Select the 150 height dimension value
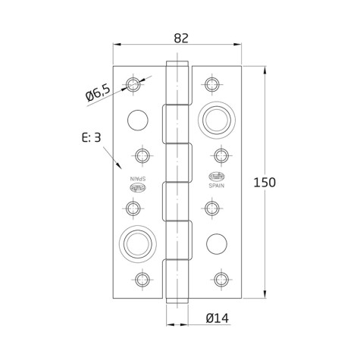[265, 183]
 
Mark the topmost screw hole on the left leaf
[134, 83]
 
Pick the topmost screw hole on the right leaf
[211, 83]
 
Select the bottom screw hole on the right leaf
[220, 279]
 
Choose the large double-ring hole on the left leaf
[136, 243]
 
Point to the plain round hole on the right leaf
[217, 243]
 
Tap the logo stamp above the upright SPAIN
[218, 177]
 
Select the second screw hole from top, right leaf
[221, 156]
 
